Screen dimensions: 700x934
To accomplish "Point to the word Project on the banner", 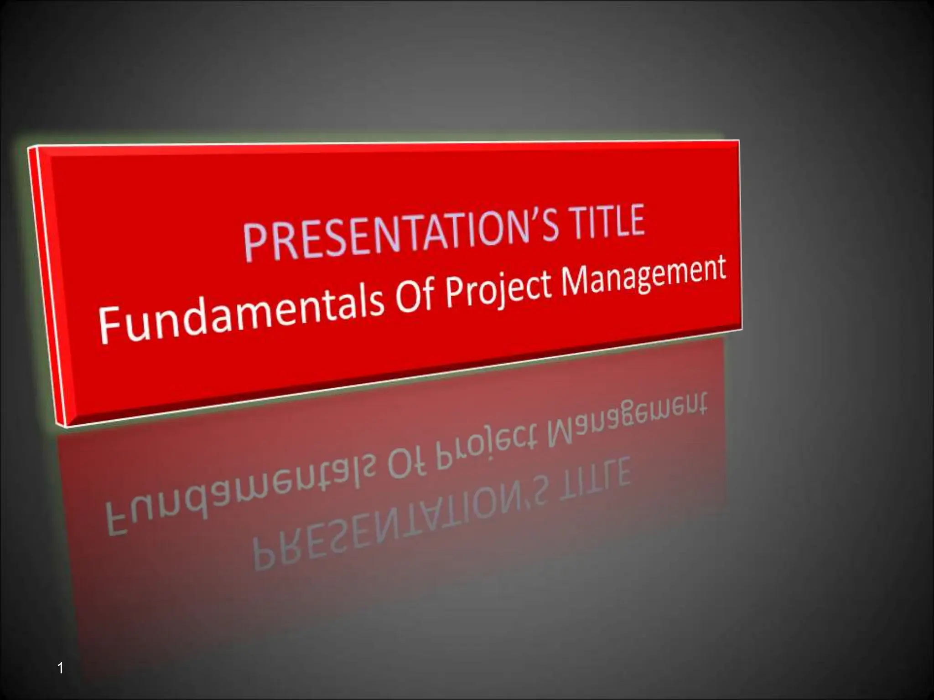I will click(x=499, y=288).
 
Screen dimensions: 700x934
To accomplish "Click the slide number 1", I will click(x=61, y=669).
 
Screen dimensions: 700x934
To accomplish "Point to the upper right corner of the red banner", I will click(x=738, y=141).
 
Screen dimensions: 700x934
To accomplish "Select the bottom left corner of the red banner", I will click(x=66, y=426).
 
